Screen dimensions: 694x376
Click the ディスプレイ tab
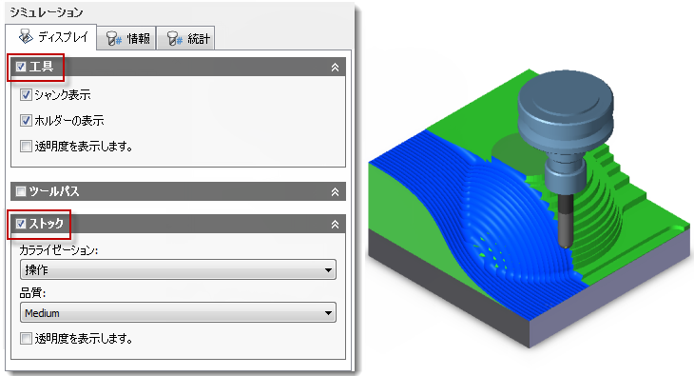click(x=51, y=37)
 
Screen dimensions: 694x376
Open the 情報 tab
click(x=126, y=39)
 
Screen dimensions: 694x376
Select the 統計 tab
click(x=186, y=39)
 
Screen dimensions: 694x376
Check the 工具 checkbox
click(x=21, y=67)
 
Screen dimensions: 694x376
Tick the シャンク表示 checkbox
click(x=26, y=94)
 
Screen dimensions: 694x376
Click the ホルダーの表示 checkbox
click(x=26, y=120)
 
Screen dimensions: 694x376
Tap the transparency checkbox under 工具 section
click(x=26, y=146)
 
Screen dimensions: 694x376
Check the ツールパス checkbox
click(x=21, y=191)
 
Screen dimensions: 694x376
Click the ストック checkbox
click(x=21, y=224)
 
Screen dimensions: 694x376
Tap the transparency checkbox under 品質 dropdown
click(x=26, y=339)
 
